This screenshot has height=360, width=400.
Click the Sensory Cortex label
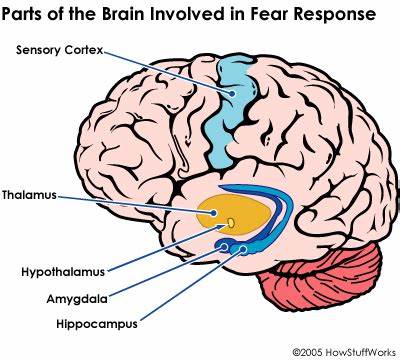tap(60, 50)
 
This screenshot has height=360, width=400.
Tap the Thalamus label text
tap(29, 195)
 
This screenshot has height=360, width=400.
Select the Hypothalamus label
tap(63, 272)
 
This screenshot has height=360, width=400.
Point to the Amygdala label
tap(77, 299)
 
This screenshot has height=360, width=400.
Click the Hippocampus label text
tap(97, 324)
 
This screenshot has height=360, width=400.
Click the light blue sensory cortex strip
tap(229, 110)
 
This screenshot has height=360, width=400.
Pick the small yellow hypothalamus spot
tap(231, 222)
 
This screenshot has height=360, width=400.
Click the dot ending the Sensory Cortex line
tap(232, 94)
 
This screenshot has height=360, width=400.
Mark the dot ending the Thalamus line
tap(213, 213)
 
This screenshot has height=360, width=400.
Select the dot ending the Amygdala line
tap(224, 247)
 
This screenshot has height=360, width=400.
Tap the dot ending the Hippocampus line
tap(243, 249)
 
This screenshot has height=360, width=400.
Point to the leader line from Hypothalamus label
tap(168, 247)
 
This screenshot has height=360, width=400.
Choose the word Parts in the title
tap(22, 14)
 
